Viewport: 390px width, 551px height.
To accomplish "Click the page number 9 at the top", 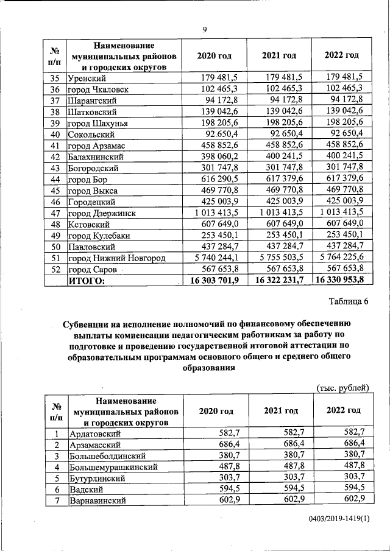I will tap(205, 29).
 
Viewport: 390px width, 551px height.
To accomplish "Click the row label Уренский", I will tap(88, 77).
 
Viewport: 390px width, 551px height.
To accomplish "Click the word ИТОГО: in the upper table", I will tap(87, 281).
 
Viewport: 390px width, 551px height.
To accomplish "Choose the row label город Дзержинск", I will tap(101, 214).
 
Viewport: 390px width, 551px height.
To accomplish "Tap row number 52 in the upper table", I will tap(55, 270).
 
